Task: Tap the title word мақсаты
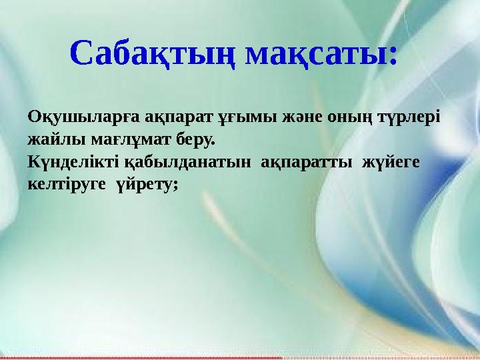click(x=313, y=53)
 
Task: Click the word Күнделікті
click(x=73, y=162)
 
